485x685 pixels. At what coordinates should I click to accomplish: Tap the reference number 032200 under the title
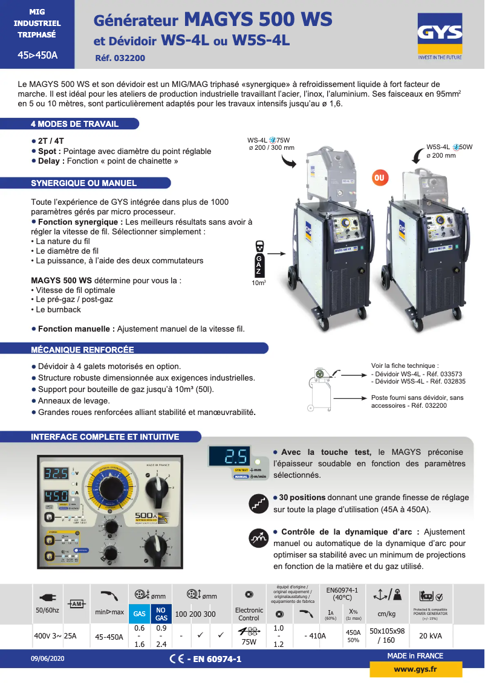(120, 59)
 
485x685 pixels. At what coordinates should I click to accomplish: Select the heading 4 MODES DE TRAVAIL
(74, 124)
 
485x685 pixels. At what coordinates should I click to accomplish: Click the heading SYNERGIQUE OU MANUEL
(83, 183)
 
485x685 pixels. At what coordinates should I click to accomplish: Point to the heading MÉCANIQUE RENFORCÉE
(82, 349)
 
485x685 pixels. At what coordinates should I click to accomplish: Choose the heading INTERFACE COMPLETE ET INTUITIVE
(105, 437)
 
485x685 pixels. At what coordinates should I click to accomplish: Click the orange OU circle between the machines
(380, 178)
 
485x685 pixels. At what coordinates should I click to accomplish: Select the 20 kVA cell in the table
(429, 635)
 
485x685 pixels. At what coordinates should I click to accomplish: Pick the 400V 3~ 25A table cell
(55, 635)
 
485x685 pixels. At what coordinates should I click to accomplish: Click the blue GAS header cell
(140, 613)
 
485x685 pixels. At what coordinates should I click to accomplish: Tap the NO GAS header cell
(161, 613)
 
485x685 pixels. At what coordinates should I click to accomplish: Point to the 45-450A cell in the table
(109, 636)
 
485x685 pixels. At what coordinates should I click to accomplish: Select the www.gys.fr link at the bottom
(416, 669)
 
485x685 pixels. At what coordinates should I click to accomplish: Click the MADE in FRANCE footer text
(415, 655)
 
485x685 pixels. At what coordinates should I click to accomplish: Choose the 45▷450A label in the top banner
(37, 56)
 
